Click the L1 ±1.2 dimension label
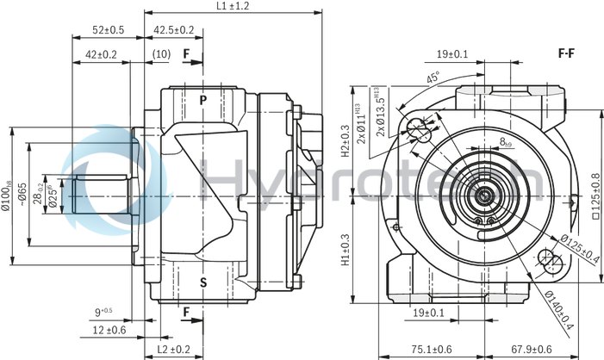coord(230,7)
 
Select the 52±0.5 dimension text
coord(109,30)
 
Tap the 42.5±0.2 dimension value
coord(173,30)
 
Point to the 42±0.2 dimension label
coord(101,55)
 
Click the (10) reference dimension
coord(160,55)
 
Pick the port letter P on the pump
coord(203,100)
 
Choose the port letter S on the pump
coord(203,282)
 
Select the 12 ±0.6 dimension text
coord(109,329)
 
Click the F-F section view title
coord(566,53)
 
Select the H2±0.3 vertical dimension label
coord(346,142)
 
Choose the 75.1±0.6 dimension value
coord(430,350)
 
